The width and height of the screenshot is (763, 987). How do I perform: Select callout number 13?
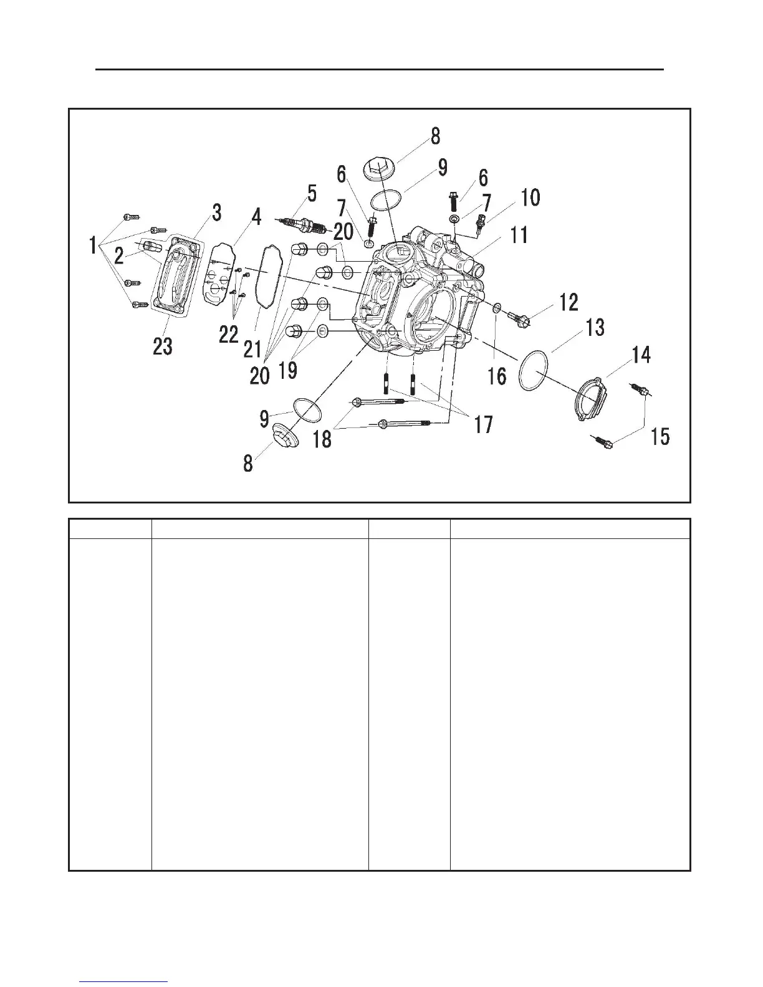click(595, 327)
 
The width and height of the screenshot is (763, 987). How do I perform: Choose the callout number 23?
click(163, 346)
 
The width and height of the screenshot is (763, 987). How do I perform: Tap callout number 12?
click(569, 303)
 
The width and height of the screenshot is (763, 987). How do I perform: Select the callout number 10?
click(530, 198)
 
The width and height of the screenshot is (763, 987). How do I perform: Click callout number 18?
click(322, 439)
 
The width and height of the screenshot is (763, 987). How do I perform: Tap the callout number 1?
click(93, 247)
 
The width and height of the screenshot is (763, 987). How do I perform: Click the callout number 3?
click(216, 212)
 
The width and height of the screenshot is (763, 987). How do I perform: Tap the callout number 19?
click(287, 370)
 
